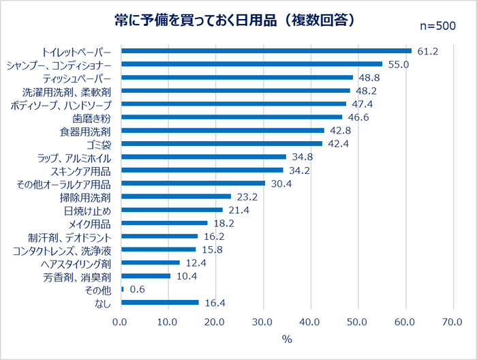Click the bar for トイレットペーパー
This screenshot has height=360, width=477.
coord(266,50)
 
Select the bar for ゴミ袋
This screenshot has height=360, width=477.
coord(221,143)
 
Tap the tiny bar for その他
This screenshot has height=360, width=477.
coord(122,289)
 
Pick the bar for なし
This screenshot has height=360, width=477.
coord(159,302)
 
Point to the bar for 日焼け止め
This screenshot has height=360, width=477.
coord(172,209)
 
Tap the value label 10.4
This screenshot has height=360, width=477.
coord(186,276)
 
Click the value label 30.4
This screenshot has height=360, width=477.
coord(281,183)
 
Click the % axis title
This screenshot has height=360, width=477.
coord(287,339)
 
